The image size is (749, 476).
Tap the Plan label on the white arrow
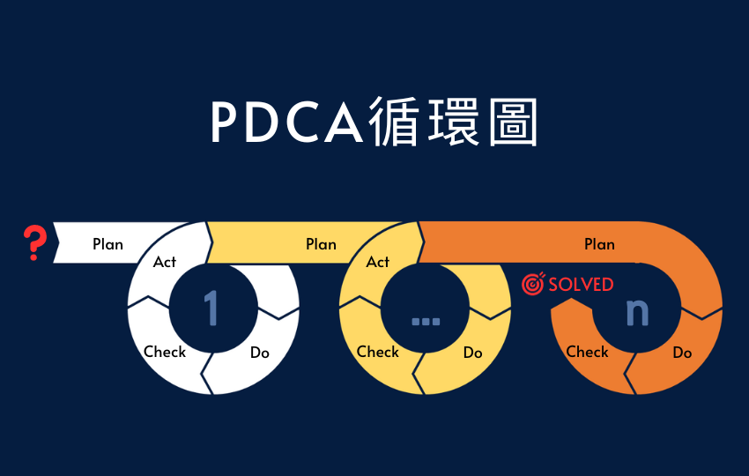click(x=108, y=244)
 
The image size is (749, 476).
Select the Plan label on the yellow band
click(x=321, y=244)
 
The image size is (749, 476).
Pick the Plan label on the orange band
click(x=599, y=244)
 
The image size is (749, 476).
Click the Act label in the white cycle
click(x=164, y=262)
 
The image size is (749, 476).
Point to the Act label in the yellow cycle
click(x=377, y=262)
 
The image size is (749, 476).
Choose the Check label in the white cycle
click(x=165, y=352)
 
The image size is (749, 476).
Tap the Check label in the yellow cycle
click(x=378, y=352)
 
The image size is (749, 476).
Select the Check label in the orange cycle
click(x=587, y=352)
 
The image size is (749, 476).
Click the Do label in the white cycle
click(x=260, y=353)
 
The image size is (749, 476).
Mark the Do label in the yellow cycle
click(x=473, y=353)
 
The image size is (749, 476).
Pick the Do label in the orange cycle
click(x=682, y=353)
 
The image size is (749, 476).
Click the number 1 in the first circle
click(x=211, y=309)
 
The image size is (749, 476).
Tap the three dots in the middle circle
click(x=426, y=321)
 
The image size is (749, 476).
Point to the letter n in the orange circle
click(x=637, y=313)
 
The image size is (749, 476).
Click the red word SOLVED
click(x=581, y=285)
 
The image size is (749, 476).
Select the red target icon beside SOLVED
click(x=533, y=284)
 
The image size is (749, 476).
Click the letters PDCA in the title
click(x=287, y=123)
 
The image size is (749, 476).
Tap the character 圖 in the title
click(x=514, y=122)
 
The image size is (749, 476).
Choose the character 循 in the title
click(x=394, y=122)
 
